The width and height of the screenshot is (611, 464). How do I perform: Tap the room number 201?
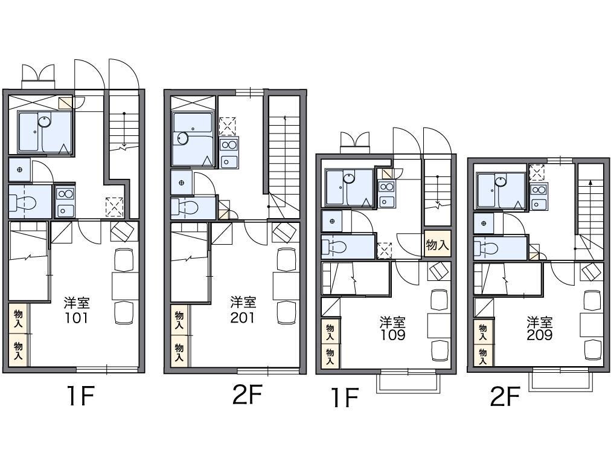(x=242, y=318)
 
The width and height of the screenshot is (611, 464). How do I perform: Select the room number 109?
(x=393, y=335)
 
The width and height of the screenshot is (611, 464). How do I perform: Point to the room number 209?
(x=540, y=335)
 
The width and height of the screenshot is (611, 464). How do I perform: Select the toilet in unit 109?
(x=335, y=247)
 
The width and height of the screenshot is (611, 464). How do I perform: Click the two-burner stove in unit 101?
(x=65, y=194)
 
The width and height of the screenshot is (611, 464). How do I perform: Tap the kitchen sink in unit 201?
(x=229, y=161)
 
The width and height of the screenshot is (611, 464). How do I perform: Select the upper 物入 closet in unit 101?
(x=18, y=318)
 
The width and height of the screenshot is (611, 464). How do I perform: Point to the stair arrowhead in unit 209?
(x=590, y=182)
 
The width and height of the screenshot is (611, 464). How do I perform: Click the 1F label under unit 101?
(x=80, y=396)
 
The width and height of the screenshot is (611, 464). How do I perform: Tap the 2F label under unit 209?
(x=505, y=398)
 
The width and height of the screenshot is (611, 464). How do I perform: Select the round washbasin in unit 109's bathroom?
(x=349, y=178)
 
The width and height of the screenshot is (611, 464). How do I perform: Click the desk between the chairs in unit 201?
(x=286, y=286)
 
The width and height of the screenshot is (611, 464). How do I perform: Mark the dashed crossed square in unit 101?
(x=115, y=207)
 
